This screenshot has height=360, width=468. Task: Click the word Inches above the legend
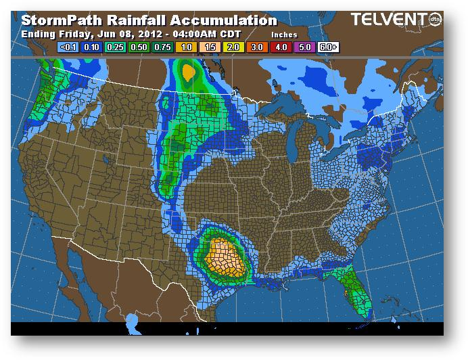coord(284,34)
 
